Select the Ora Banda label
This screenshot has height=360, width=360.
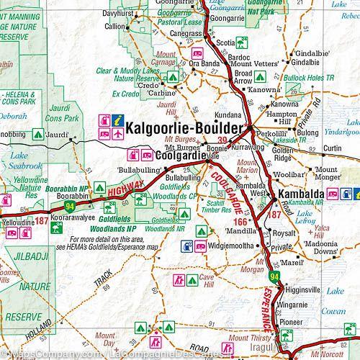pyautogui.click(x=205, y=63)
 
